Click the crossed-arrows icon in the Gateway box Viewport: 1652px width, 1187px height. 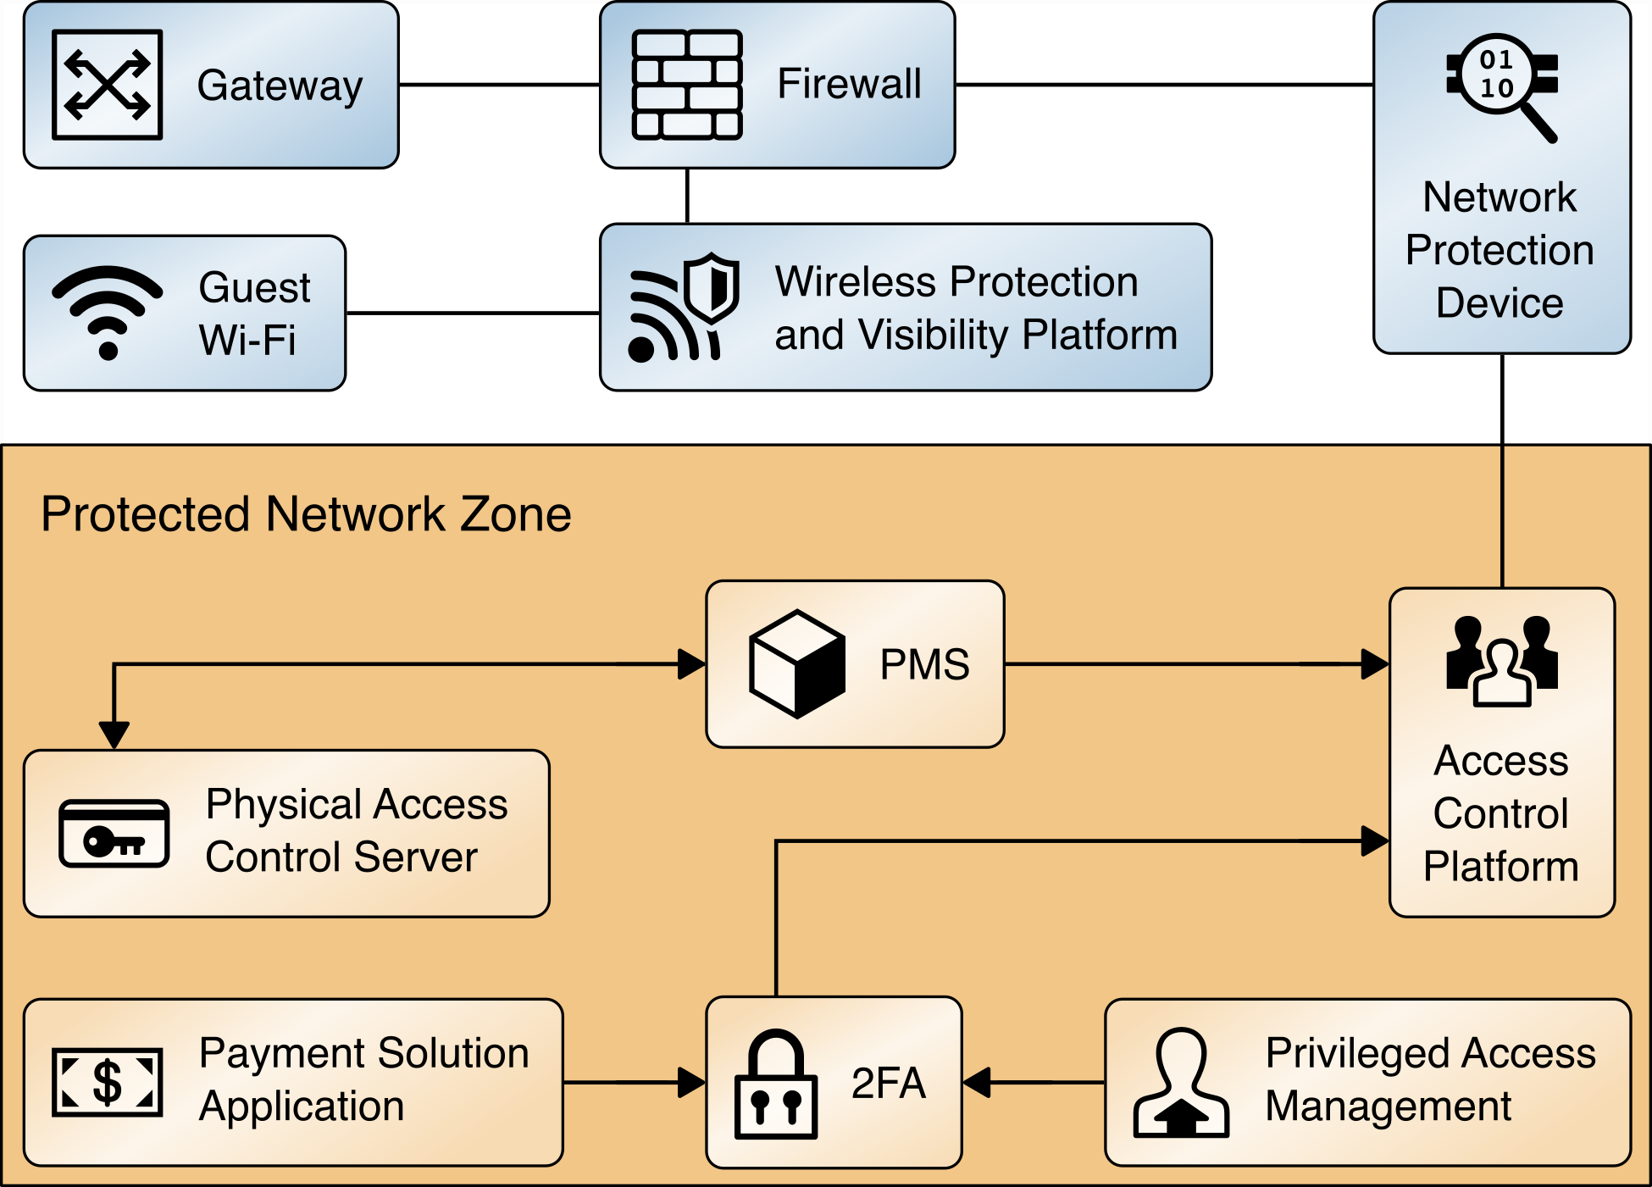pos(108,85)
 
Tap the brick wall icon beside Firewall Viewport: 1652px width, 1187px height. pos(687,85)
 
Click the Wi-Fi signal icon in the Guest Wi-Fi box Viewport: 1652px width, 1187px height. pos(108,312)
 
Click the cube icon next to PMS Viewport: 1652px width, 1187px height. pos(797,664)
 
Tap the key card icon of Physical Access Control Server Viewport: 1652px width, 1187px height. pos(114,834)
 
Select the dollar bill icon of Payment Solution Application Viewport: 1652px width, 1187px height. pos(108,1082)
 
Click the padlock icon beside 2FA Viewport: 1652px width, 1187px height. pos(776,1084)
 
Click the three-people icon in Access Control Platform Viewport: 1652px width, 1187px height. pos(1502,662)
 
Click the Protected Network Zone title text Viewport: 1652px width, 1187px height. pos(306,514)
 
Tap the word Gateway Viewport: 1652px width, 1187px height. pos(280,86)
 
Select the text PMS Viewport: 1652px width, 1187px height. pos(924,664)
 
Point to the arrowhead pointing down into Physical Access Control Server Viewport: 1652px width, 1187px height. pos(114,734)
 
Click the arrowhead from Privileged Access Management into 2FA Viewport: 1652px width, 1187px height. pos(978,1083)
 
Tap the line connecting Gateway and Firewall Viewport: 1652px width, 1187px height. pos(499,85)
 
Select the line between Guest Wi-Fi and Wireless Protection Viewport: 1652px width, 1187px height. pos(473,313)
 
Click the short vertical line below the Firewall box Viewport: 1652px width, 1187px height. pos(687,196)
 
